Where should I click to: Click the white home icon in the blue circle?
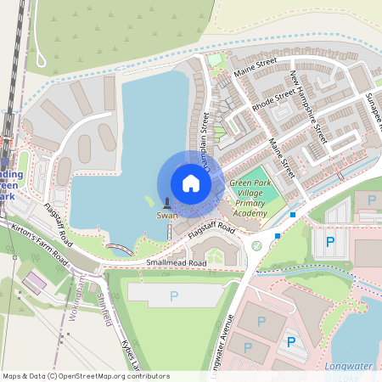pos(191,183)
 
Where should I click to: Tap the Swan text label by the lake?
pos(166,216)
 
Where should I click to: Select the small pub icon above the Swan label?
pos(166,204)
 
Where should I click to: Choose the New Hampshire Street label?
pos(308,106)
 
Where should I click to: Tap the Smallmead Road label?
pos(176,263)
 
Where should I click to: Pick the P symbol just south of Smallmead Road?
pos(174,296)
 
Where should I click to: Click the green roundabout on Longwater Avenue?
pos(256,245)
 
